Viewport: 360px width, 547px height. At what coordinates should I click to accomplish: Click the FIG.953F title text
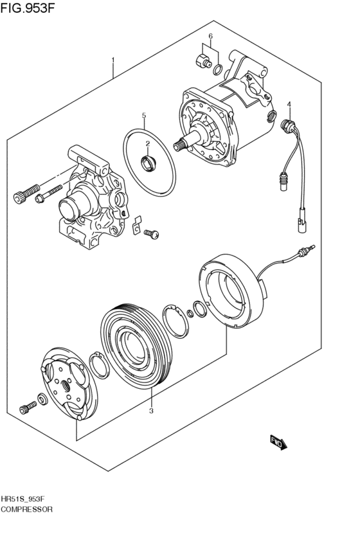[28, 7]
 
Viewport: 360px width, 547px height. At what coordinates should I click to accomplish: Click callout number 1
[113, 60]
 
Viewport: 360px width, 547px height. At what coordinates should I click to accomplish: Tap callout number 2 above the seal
[148, 143]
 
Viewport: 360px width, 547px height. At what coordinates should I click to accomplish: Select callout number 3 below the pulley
[151, 411]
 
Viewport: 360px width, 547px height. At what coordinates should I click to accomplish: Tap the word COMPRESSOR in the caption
[26, 510]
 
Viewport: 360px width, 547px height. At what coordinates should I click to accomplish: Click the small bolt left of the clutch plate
[28, 407]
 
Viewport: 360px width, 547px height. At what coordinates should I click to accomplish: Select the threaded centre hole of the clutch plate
[65, 385]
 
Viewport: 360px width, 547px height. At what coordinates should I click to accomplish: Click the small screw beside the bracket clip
[152, 233]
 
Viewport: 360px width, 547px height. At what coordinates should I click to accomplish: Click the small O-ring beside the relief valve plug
[217, 69]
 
